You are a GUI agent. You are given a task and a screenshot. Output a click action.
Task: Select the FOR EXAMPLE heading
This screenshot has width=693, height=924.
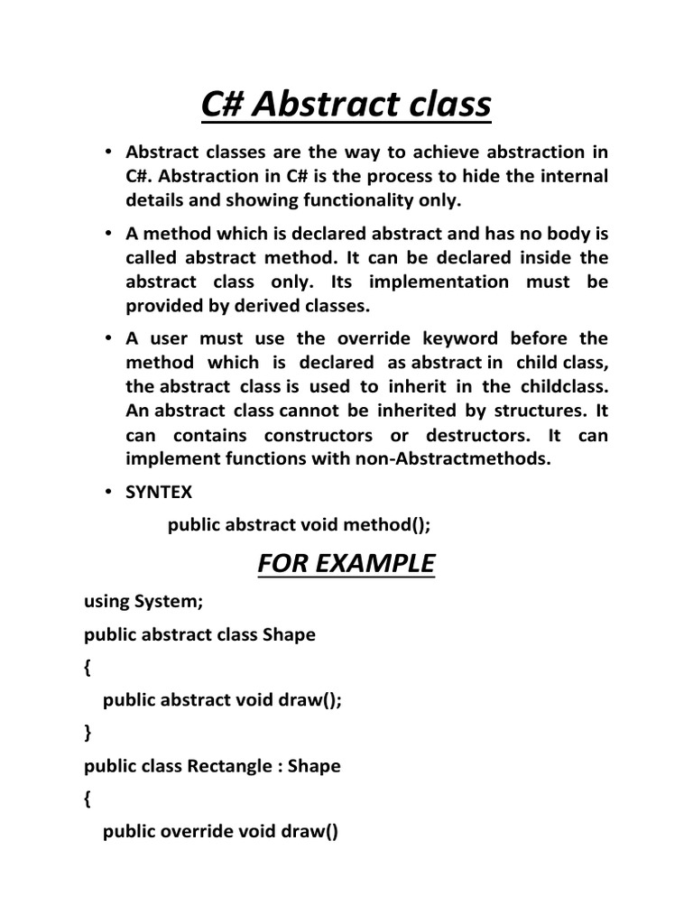(x=346, y=564)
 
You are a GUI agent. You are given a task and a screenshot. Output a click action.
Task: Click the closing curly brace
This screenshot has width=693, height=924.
(x=88, y=733)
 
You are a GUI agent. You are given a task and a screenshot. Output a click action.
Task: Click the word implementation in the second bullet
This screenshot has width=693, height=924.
(x=433, y=282)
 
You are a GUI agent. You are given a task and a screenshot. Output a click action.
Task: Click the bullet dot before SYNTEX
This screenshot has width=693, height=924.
(x=107, y=493)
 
